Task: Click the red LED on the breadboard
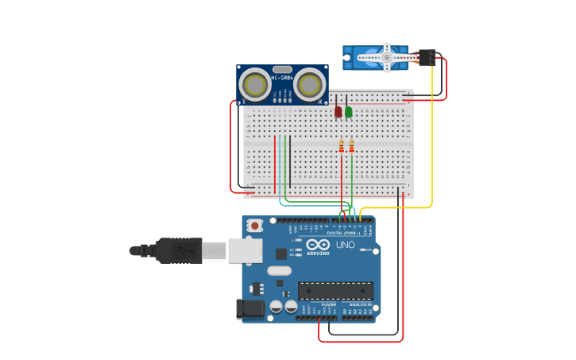(x=338, y=111)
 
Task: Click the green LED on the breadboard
(x=349, y=111)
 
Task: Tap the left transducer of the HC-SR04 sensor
(x=255, y=84)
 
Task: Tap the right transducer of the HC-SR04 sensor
(x=309, y=84)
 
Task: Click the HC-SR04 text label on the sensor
(x=282, y=78)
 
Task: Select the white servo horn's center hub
(x=387, y=57)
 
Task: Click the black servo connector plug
(x=427, y=57)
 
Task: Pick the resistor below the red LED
(x=342, y=146)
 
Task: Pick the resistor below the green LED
(x=352, y=146)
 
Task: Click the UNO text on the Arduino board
(x=346, y=245)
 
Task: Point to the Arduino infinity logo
(x=319, y=245)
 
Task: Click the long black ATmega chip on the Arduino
(x=335, y=291)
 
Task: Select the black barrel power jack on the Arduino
(x=249, y=308)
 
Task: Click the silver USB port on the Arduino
(x=245, y=250)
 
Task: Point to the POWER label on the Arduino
(x=328, y=304)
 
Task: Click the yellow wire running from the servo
(x=432, y=143)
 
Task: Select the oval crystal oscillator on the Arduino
(x=279, y=270)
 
